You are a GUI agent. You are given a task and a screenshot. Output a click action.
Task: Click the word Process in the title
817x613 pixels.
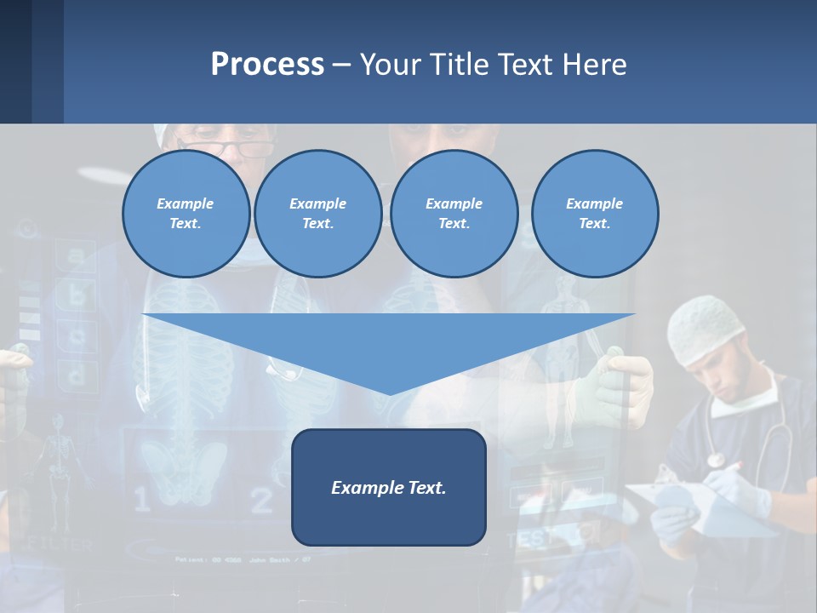pyautogui.click(x=267, y=64)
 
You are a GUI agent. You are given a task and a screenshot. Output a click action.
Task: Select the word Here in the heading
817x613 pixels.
pyautogui.click(x=596, y=64)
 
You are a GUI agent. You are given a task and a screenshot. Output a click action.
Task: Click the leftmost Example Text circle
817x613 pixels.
pyautogui.click(x=186, y=214)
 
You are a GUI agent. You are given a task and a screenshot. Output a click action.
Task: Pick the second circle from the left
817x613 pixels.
pyautogui.click(x=317, y=214)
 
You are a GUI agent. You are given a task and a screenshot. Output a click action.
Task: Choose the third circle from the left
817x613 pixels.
pyautogui.click(x=454, y=214)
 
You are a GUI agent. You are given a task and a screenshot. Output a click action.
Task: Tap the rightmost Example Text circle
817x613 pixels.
pyautogui.click(x=594, y=214)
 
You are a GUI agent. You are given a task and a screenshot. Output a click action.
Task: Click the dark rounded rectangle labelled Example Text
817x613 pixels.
pyautogui.click(x=389, y=487)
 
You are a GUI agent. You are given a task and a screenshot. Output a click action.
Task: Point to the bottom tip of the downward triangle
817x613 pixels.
pyautogui.click(x=390, y=392)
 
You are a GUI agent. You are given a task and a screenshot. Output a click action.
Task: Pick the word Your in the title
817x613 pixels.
pyautogui.click(x=391, y=64)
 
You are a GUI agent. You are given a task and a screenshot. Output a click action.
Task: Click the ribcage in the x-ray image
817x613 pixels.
pyautogui.click(x=183, y=341)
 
